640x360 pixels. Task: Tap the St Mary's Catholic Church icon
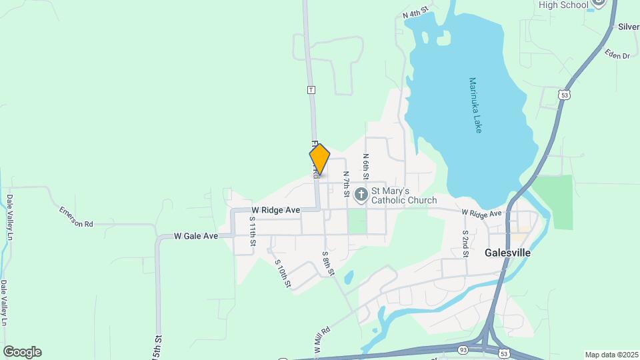coord(361,195)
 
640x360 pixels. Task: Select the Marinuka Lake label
coord(474,105)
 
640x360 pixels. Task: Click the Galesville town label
coord(507,253)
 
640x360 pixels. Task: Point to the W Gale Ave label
coord(196,236)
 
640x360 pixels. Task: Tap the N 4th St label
coord(414,13)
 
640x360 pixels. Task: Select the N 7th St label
coord(347,184)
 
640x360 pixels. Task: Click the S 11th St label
coord(253,231)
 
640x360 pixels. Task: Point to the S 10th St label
coord(283,273)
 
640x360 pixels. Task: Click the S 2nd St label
coord(466,243)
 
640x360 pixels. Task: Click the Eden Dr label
coord(617,55)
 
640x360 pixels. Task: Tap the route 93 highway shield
coord(463,349)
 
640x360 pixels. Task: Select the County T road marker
coord(311,89)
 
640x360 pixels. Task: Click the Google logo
coord(22,352)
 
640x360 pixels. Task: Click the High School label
coord(563,5)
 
